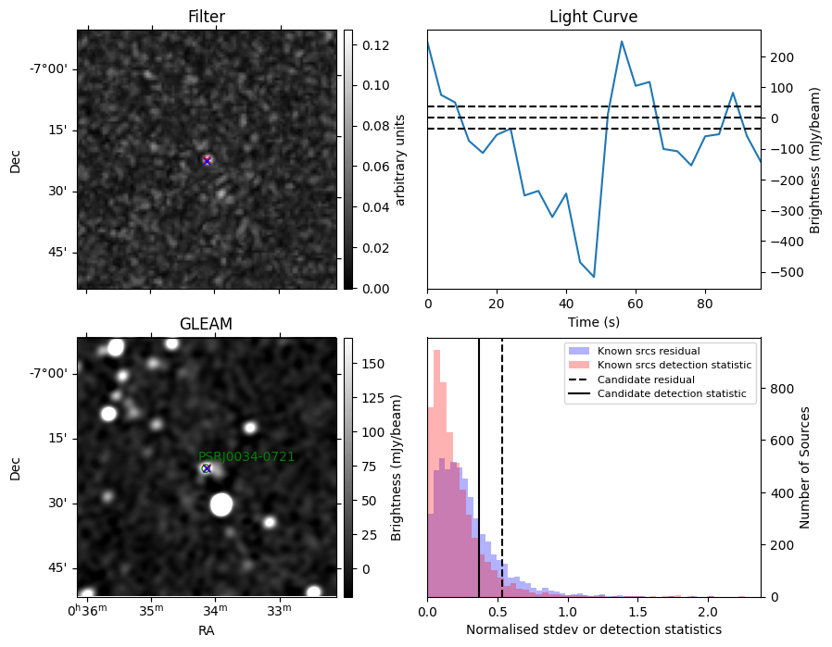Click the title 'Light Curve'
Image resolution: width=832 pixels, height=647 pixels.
click(x=593, y=17)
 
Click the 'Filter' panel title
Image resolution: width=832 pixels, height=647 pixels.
click(x=207, y=17)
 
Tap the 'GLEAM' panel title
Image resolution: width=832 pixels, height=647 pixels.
click(x=207, y=324)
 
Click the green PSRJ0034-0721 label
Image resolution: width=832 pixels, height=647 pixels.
click(x=246, y=456)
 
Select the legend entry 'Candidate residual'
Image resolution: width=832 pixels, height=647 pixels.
click(x=646, y=379)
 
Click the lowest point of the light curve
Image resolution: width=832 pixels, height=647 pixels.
click(x=594, y=277)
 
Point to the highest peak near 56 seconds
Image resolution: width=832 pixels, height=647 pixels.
click(x=622, y=42)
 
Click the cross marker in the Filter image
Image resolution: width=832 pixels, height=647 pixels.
click(x=207, y=160)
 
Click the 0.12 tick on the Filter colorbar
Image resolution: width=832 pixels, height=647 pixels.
click(x=375, y=45)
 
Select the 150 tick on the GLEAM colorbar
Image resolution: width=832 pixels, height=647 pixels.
click(x=373, y=364)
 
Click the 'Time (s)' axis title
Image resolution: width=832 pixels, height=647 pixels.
click(x=594, y=322)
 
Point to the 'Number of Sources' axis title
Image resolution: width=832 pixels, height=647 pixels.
click(x=804, y=468)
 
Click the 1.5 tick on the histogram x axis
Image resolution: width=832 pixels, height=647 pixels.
click(x=637, y=613)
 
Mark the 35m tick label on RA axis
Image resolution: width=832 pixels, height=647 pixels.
click(x=152, y=610)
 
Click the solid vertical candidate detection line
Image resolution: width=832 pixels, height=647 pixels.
click(x=479, y=467)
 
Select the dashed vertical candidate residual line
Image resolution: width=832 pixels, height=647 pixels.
click(x=502, y=467)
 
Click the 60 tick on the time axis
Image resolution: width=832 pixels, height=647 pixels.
click(x=636, y=304)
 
